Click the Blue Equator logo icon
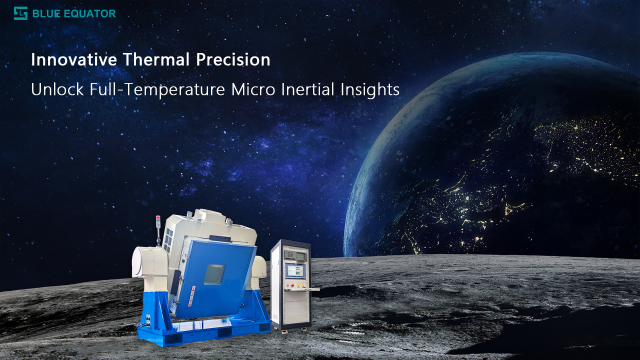click(x=20, y=14)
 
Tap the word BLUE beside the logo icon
click(x=46, y=14)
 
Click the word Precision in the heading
click(x=232, y=60)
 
